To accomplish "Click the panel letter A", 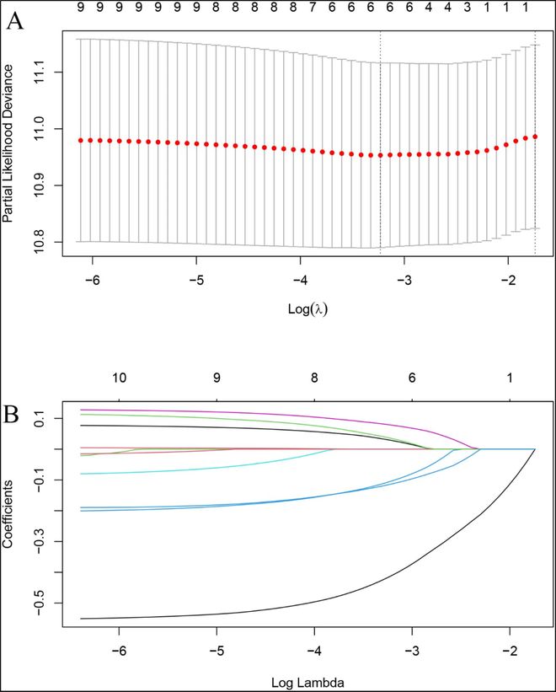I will click(14, 21).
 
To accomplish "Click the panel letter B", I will click(14, 416).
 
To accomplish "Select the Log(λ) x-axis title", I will click(307, 308).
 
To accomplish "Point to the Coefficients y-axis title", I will click(8, 515).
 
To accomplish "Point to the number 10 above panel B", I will click(120, 378).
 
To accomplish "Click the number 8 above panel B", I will click(314, 378).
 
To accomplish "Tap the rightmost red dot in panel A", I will click(535, 137).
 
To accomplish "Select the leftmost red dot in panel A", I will click(80, 140).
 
